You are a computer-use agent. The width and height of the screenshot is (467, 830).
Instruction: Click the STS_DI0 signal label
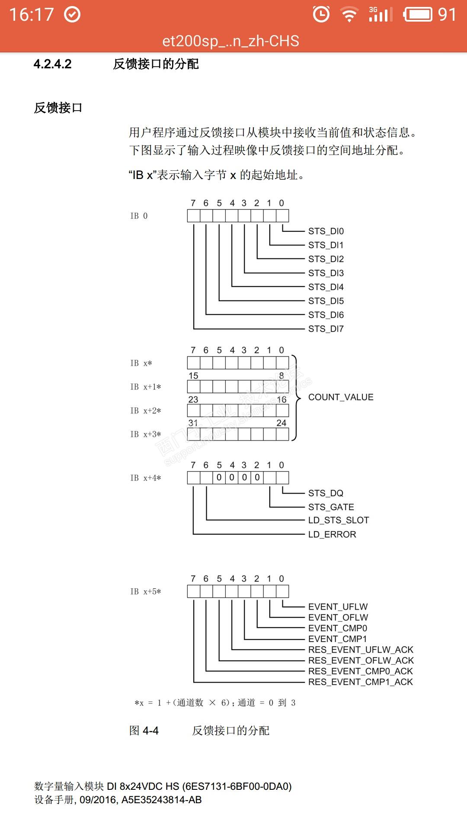click(326, 231)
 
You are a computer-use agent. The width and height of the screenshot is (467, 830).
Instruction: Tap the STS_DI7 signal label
click(326, 329)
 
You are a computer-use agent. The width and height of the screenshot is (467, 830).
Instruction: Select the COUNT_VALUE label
click(341, 397)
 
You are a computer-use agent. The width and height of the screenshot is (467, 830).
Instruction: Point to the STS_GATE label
click(331, 507)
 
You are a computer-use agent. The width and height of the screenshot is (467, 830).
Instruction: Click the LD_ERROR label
click(332, 535)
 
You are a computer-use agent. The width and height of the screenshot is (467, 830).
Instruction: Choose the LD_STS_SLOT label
click(339, 520)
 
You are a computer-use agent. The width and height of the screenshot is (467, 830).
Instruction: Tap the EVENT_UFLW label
click(338, 607)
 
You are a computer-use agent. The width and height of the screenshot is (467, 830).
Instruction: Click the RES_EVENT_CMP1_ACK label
click(361, 682)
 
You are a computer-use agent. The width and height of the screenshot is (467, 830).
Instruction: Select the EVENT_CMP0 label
click(337, 629)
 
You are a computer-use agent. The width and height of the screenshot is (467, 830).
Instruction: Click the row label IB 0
click(139, 216)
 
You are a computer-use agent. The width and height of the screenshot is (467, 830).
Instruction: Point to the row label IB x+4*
click(146, 478)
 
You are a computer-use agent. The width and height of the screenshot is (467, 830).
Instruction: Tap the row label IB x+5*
click(146, 592)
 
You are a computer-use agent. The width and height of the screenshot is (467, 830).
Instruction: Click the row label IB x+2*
click(146, 411)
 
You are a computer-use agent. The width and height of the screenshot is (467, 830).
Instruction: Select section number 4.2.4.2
click(52, 64)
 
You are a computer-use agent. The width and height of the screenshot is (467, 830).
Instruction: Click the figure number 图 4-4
click(144, 731)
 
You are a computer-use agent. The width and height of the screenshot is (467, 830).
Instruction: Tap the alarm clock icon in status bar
click(321, 14)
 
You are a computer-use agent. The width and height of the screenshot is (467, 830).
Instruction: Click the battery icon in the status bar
click(417, 14)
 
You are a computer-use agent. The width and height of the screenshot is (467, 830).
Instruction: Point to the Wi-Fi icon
click(349, 14)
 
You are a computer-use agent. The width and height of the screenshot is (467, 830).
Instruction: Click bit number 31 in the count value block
click(193, 423)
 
